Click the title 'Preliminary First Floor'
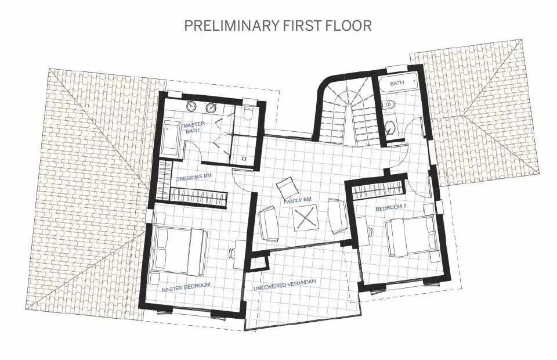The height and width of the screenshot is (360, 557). (x=277, y=26)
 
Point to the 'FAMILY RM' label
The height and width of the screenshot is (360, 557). (x=298, y=200)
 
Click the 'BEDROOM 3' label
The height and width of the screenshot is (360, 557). (x=389, y=207)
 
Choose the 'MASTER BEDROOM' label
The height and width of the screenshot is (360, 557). (x=186, y=286)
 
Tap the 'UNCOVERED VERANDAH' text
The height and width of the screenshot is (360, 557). (x=285, y=283)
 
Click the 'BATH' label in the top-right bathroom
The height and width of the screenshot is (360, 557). (x=397, y=84)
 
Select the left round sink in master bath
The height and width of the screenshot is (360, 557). (x=192, y=107)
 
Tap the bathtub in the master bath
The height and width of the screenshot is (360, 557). (x=171, y=138)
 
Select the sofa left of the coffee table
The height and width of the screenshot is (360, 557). (x=268, y=224)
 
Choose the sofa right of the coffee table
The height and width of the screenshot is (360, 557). (x=336, y=216)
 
